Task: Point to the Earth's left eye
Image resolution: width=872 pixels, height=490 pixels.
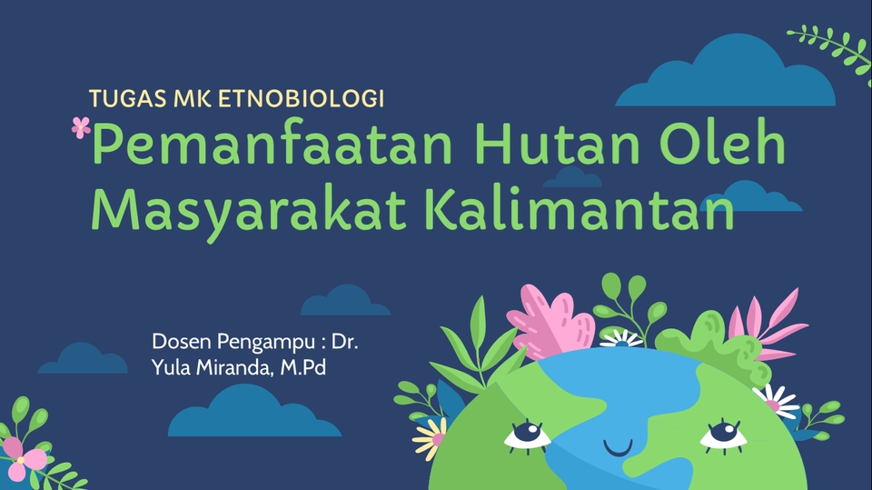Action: (x=528, y=435)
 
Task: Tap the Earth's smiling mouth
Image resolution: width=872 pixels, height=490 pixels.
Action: (x=618, y=448)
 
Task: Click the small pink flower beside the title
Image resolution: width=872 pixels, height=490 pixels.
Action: (x=81, y=127)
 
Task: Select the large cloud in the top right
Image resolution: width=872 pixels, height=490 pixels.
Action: (x=727, y=77)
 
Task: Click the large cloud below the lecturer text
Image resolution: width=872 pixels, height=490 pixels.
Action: (x=253, y=414)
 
